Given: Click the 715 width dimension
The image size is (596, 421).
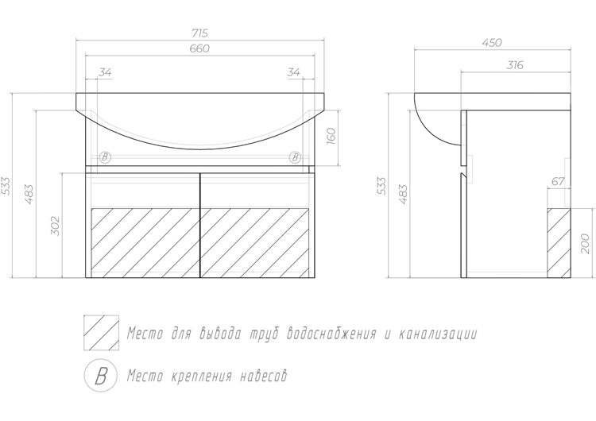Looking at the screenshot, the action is point(200,33).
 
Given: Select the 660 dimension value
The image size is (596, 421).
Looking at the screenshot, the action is point(200,48).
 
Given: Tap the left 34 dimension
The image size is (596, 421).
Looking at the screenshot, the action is point(105,72).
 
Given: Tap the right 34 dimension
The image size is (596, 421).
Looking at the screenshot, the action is point(294,72).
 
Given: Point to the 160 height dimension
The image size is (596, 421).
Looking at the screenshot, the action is point(331,136).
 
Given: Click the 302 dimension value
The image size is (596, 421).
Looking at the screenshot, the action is point(56,226).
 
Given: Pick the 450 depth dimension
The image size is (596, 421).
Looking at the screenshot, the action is point(492,43).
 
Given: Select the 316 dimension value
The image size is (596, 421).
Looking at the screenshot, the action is point(516,65).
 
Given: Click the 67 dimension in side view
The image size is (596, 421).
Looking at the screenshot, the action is point(558,182).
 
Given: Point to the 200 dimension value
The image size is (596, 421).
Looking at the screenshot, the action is point(586,244).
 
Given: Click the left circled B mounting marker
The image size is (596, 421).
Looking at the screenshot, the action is point(105,157).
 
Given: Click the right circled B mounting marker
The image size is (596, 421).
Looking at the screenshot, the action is point(295,157).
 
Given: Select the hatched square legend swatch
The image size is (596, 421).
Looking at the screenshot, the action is point(101,333).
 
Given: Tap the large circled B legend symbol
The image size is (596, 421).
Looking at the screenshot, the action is point(101,376).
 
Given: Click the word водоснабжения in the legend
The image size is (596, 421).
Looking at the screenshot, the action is point(331,334).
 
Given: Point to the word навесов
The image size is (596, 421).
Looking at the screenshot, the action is point(263,377).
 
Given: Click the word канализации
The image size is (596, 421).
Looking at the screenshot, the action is point(438,334).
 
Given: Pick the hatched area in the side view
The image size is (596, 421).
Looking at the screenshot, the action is point(559,243).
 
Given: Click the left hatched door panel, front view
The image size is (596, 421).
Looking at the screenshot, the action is point(145,243).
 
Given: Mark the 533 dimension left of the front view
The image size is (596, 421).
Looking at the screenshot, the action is point(6,185).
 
